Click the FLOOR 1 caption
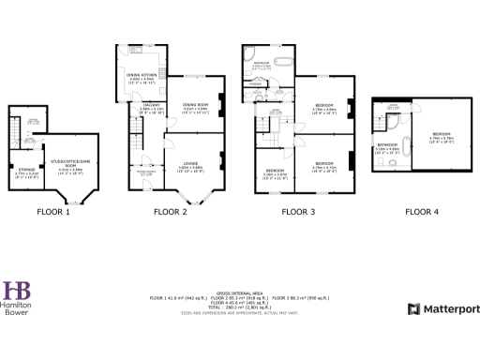click(x=53, y=212)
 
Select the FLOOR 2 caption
click(x=172, y=212)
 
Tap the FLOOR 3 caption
click(x=299, y=212)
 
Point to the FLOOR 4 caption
click(x=422, y=212)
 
